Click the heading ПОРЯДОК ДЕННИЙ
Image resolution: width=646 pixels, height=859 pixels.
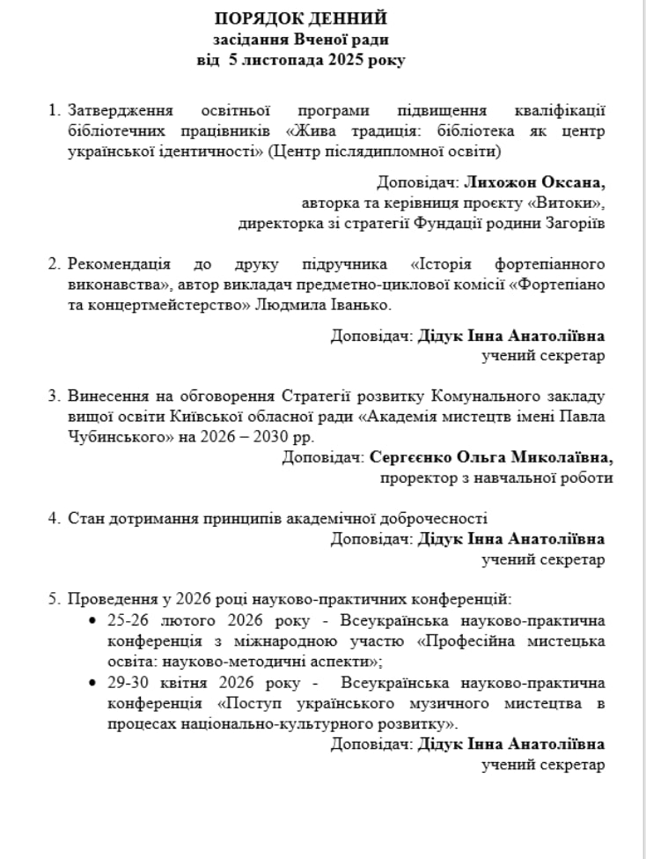tap(301, 19)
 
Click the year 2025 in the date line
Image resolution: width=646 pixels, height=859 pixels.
tap(347, 61)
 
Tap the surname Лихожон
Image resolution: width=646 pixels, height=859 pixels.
tap(496, 182)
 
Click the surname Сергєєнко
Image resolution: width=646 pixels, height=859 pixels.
tap(415, 458)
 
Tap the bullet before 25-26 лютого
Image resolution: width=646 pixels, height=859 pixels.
tap(94, 621)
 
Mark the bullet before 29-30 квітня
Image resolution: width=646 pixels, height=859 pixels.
tap(94, 683)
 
